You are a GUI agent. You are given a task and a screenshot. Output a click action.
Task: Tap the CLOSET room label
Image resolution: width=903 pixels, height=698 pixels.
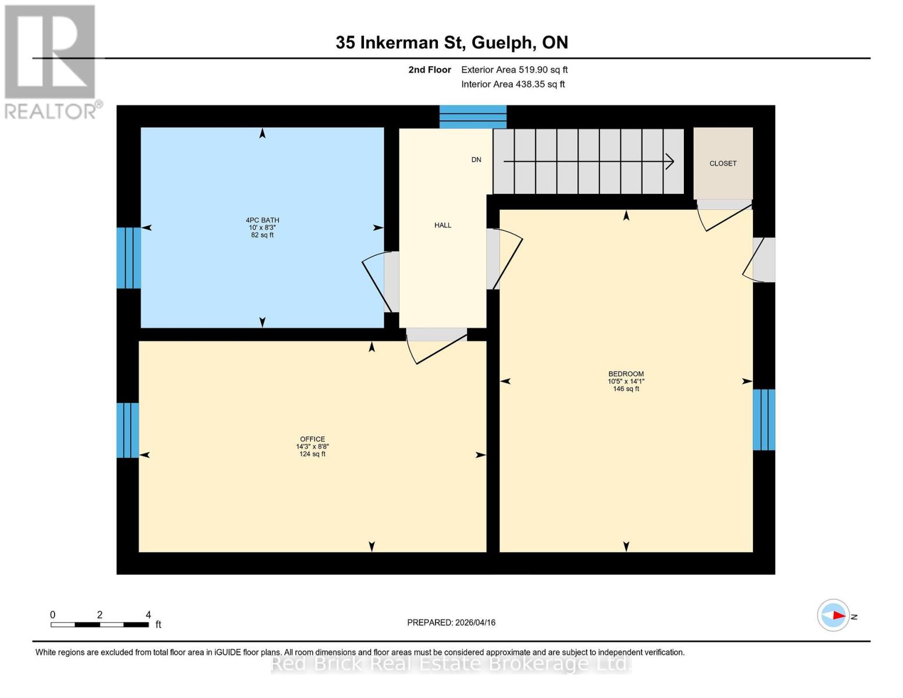(x=723, y=163)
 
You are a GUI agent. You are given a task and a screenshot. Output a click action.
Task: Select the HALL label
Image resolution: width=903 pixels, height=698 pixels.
(x=442, y=225)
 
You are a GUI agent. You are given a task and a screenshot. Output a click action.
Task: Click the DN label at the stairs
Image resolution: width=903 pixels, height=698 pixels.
(x=476, y=159)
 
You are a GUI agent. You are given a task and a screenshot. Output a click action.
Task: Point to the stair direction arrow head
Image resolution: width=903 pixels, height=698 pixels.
(x=670, y=161)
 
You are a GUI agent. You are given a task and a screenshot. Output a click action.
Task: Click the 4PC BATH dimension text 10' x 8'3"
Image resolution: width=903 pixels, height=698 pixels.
(x=262, y=227)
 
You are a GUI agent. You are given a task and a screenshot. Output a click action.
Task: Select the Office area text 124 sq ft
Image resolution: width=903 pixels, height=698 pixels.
(x=312, y=454)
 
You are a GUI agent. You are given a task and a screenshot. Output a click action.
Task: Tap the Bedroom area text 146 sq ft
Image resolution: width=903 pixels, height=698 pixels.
(x=626, y=389)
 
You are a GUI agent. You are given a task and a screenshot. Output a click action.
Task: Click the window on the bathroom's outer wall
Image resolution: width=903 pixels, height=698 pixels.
(x=129, y=258)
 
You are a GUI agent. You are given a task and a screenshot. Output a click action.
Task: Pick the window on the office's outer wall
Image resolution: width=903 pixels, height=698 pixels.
(x=127, y=430)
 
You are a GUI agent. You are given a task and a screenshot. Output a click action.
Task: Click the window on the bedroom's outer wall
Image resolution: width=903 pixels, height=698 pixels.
(x=764, y=419)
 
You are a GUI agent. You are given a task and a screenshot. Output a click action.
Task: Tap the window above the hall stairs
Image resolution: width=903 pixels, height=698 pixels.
(x=473, y=116)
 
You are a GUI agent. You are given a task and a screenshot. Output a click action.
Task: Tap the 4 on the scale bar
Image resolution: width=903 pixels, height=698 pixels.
(x=148, y=615)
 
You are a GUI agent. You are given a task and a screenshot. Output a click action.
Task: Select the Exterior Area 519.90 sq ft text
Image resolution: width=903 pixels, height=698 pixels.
(x=514, y=70)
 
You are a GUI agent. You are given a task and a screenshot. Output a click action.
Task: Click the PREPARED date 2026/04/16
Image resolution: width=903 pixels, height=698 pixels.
(x=451, y=622)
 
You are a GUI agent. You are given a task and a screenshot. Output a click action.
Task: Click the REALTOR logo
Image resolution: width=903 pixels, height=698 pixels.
(x=51, y=61)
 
